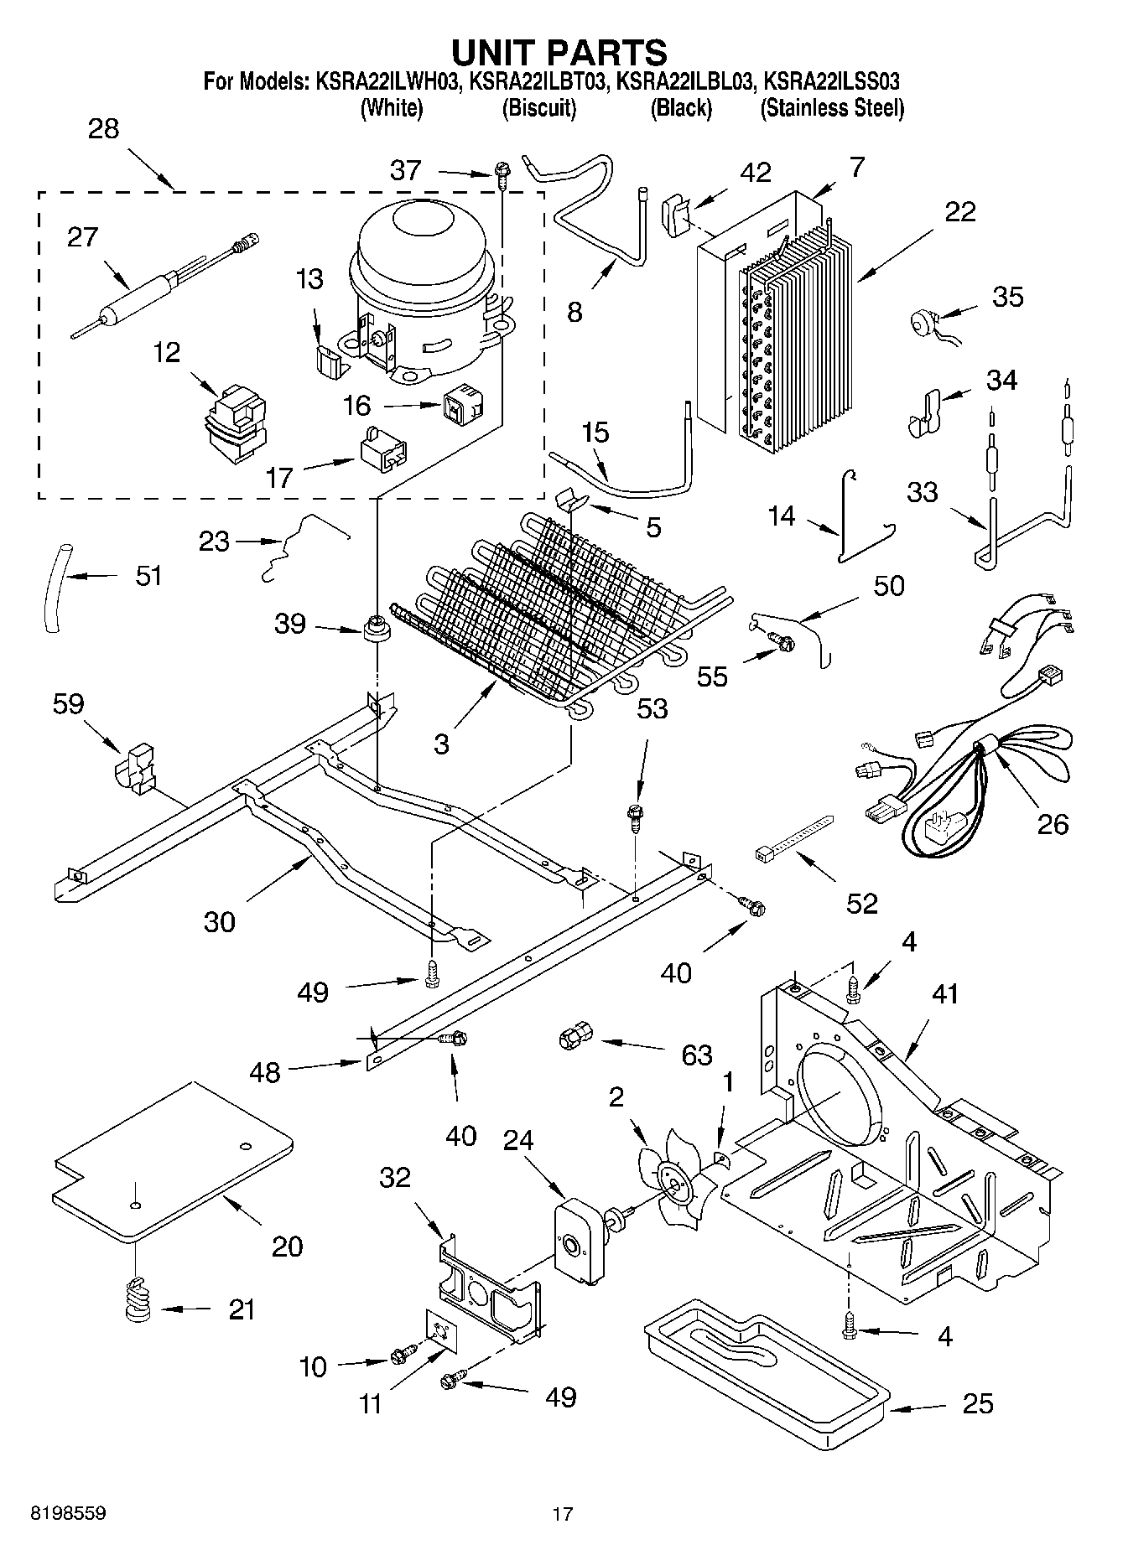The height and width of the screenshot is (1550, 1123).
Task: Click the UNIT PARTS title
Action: click(559, 52)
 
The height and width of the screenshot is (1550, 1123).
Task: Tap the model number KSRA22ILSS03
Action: click(833, 82)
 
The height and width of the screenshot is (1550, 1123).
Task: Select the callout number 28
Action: click(103, 129)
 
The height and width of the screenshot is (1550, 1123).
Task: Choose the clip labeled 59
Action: click(134, 765)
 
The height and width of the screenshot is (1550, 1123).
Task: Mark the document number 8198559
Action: click(68, 1514)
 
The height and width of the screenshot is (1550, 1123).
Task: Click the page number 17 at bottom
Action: click(562, 1514)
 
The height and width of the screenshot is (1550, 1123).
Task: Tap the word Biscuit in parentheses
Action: click(538, 108)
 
